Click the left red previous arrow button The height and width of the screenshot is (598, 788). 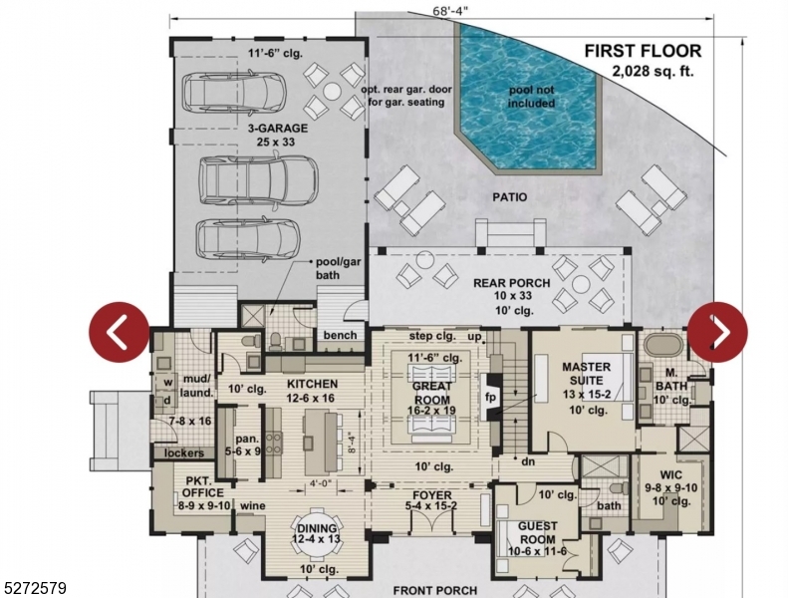point(119,332)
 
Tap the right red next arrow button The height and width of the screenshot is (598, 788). point(717,332)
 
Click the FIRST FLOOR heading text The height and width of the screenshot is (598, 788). point(642,51)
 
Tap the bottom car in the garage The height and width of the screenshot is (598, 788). point(247,238)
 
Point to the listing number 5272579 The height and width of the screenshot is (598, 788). point(34,589)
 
